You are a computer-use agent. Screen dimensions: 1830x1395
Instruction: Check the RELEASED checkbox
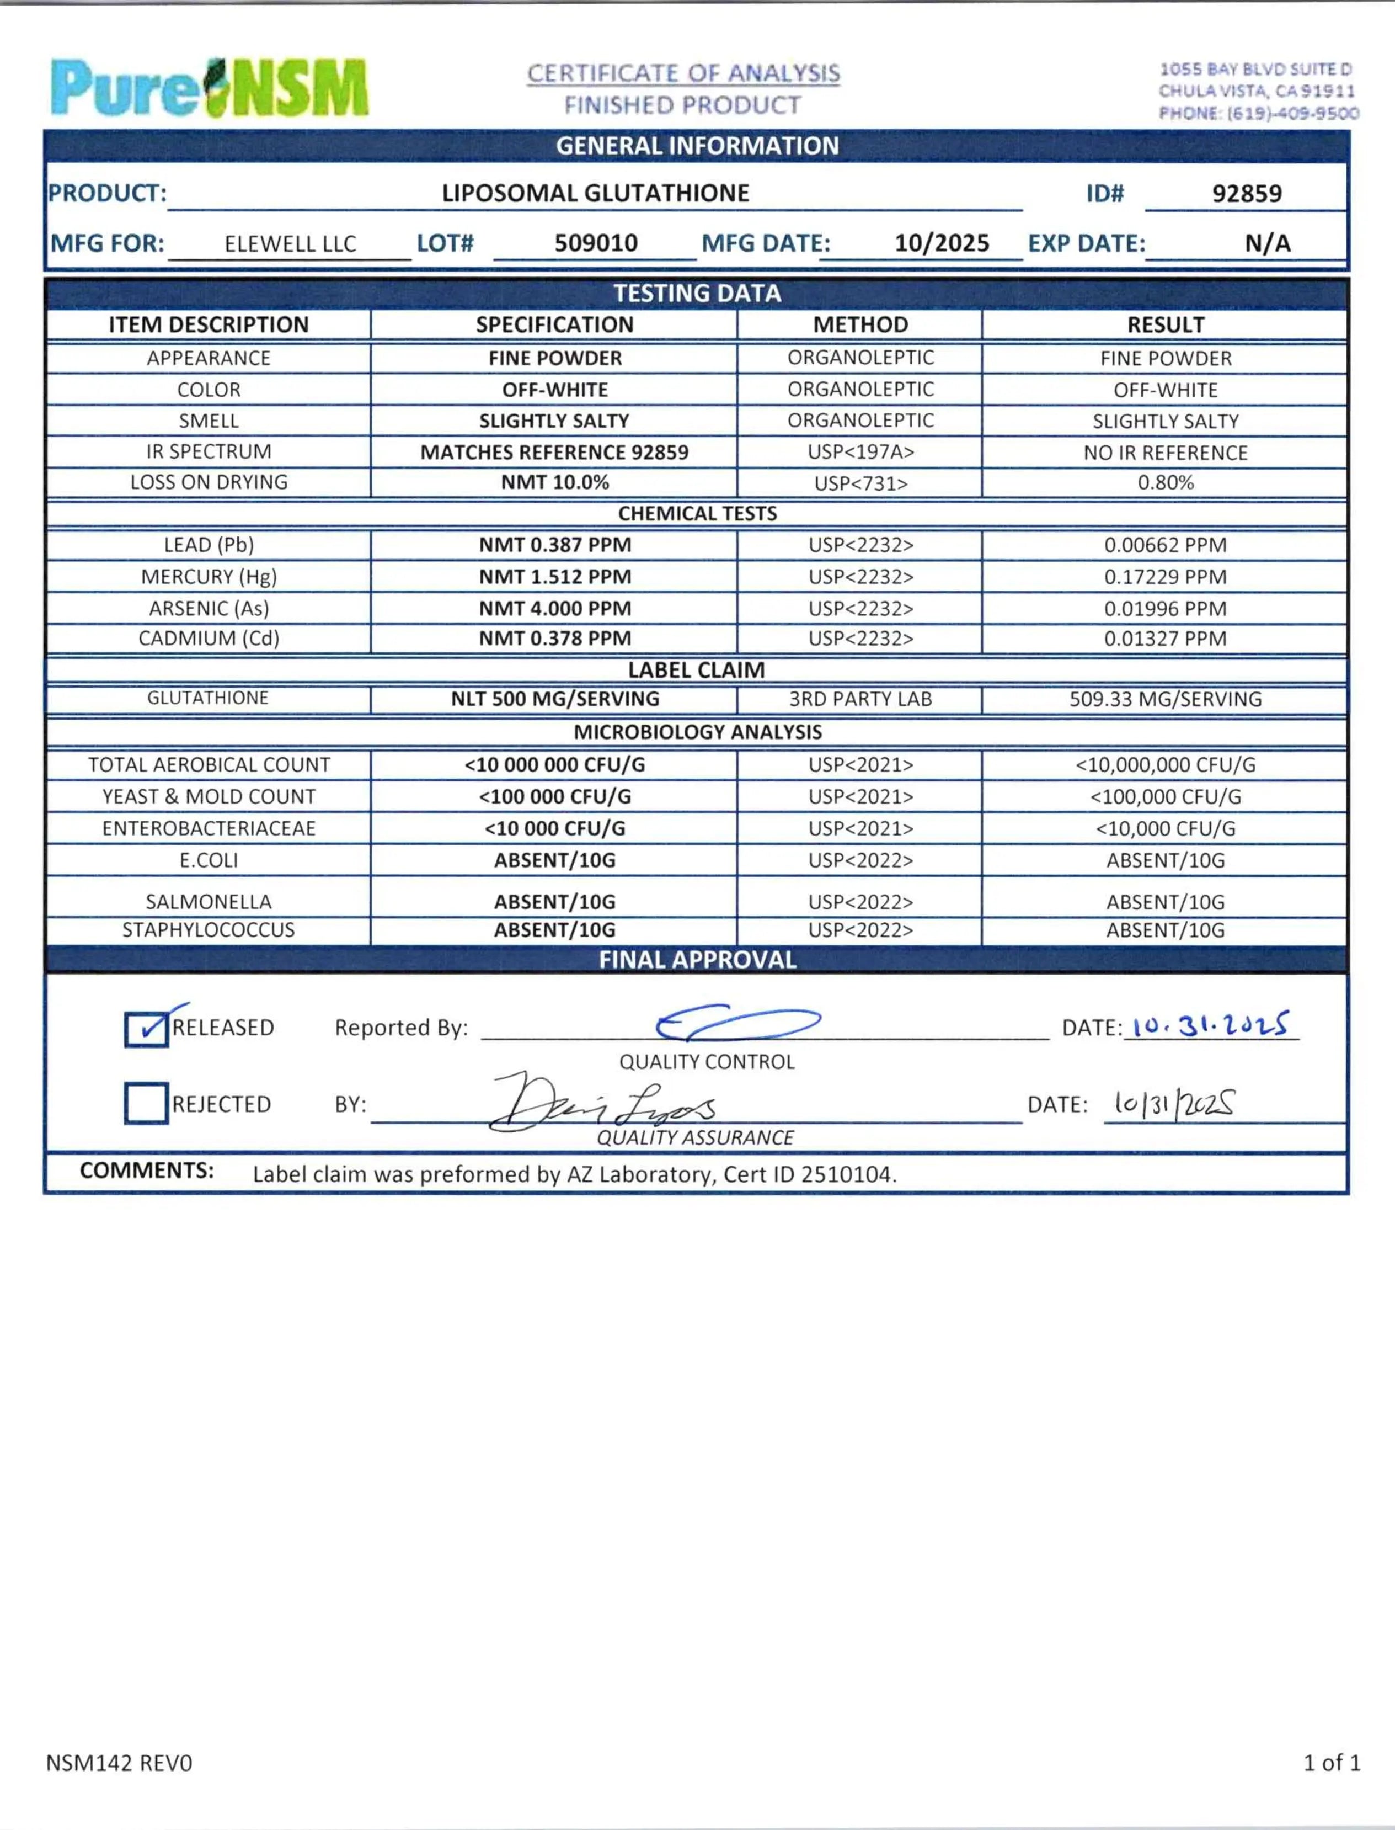pyautogui.click(x=146, y=1029)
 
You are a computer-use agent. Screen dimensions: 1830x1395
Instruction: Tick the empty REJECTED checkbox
pyautogui.click(x=146, y=1103)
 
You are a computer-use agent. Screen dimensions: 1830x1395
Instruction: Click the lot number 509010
pyautogui.click(x=595, y=243)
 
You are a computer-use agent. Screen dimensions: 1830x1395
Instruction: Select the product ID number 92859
pyautogui.click(x=1247, y=194)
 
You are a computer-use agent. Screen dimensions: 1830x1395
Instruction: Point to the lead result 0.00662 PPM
pyautogui.click(x=1165, y=545)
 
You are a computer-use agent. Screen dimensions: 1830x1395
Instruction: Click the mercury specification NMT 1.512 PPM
pyautogui.click(x=555, y=577)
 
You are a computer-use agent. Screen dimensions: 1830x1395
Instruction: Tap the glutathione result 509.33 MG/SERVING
pyautogui.click(x=1165, y=699)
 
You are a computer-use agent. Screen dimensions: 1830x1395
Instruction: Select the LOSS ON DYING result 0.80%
pyautogui.click(x=1165, y=483)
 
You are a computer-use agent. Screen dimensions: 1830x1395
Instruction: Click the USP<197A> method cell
pyautogui.click(x=860, y=452)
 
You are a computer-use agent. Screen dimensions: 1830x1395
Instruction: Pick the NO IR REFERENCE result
pyautogui.click(x=1165, y=453)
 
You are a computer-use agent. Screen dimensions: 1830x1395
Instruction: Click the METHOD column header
pyautogui.click(x=860, y=325)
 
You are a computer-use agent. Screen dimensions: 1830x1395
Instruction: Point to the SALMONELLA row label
pyautogui.click(x=209, y=901)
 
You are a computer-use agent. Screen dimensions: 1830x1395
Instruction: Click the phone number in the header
pyautogui.click(x=1259, y=113)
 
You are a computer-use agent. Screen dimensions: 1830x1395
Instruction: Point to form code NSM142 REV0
pyautogui.click(x=119, y=1763)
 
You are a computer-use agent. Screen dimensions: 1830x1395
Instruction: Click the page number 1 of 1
pyautogui.click(x=1331, y=1762)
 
